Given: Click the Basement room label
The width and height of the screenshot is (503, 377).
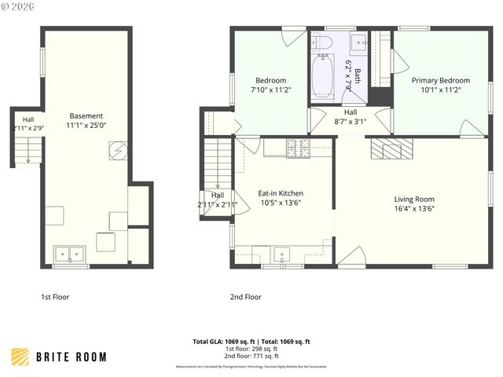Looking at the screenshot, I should tap(86, 115).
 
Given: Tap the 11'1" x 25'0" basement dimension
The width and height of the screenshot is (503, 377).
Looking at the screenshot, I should tap(86, 125).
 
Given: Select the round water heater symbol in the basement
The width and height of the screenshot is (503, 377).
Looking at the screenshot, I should tap(117, 149).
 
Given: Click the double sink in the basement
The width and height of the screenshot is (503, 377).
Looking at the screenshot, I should tap(70, 254).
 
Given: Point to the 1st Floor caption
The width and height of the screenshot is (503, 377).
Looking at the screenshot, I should tap(56, 298).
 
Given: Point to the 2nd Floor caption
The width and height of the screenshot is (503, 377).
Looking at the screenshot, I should tap(245, 298).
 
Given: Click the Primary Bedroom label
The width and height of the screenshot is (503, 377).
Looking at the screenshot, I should tap(441, 80).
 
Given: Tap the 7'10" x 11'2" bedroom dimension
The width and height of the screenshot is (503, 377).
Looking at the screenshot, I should tap(270, 90).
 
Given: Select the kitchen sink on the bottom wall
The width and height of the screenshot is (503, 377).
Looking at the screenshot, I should tap(282, 254).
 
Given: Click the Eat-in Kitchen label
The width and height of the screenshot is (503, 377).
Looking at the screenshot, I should tap(281, 193).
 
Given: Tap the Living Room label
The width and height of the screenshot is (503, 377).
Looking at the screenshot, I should tap(414, 199).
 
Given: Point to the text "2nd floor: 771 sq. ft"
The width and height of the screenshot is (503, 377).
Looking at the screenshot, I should tap(251, 357).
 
